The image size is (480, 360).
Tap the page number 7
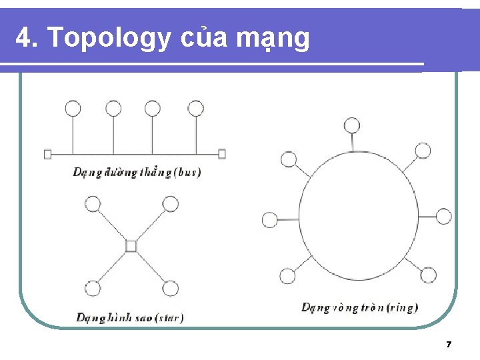click(449, 345)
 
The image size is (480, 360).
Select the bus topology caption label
click(137, 173)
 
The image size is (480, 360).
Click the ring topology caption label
click(359, 307)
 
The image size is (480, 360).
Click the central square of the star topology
click(131, 246)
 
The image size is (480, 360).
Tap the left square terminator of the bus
click(47, 154)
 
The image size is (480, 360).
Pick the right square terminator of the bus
click(222, 154)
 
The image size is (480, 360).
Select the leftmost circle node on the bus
click(72, 108)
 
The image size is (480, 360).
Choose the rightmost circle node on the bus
click(195, 108)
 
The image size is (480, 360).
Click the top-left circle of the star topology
click(93, 203)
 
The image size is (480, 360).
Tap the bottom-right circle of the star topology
click(171, 289)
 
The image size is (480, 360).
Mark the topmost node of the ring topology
click(351, 125)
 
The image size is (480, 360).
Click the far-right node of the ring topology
click(444, 217)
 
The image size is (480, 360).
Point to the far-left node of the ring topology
click(270, 219)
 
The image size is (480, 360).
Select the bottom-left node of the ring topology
click(287, 275)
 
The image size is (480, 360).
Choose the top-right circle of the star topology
click(171, 203)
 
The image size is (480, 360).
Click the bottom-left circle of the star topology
click(93, 289)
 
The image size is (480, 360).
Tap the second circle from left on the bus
click(113, 108)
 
